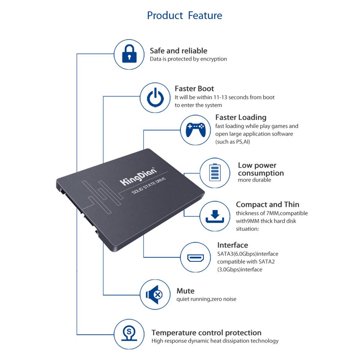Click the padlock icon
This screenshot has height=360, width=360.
[129, 54]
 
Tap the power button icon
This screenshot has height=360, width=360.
[156, 97]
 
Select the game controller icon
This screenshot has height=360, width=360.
[195, 130]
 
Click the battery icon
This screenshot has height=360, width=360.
[215, 172]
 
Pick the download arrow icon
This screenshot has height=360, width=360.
[215, 216]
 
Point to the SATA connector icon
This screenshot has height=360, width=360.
[195, 258]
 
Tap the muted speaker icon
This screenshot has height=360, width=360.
[154, 294]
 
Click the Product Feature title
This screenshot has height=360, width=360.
[185, 15]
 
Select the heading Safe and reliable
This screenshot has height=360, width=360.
[179, 51]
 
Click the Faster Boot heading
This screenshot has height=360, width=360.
[194, 89]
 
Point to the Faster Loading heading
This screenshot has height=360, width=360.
[241, 118]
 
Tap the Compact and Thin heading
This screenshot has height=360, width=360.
[267, 204]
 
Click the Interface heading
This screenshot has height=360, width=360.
[233, 245]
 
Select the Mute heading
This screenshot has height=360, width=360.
[185, 291]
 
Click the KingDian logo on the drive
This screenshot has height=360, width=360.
[138, 176]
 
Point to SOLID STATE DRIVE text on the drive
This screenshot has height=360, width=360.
[149, 186]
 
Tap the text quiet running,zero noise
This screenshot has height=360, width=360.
[206, 299]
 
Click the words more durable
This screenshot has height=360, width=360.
[255, 180]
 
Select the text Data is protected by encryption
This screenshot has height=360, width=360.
[188, 59]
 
